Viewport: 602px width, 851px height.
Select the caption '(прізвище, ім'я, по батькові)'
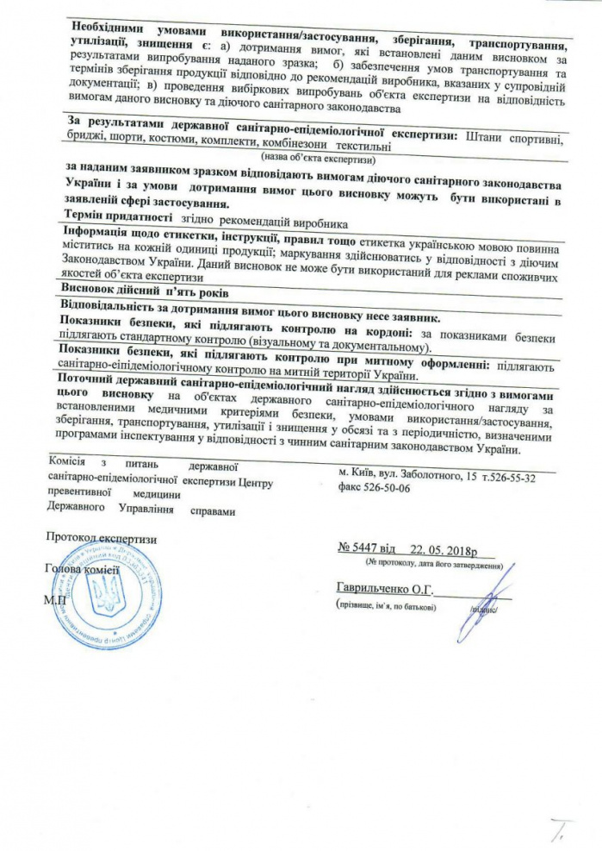(386, 606)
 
